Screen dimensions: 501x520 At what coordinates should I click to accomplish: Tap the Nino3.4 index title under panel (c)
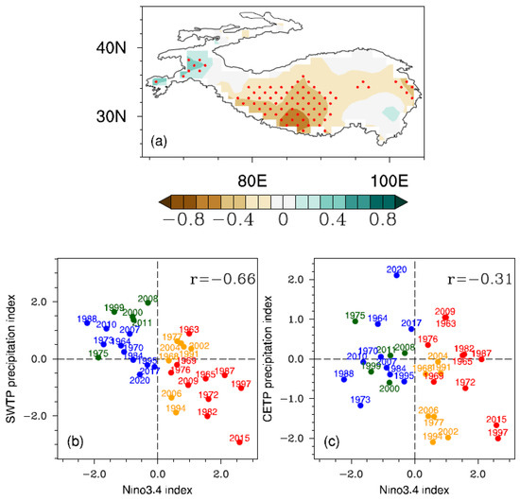click(x=413, y=491)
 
